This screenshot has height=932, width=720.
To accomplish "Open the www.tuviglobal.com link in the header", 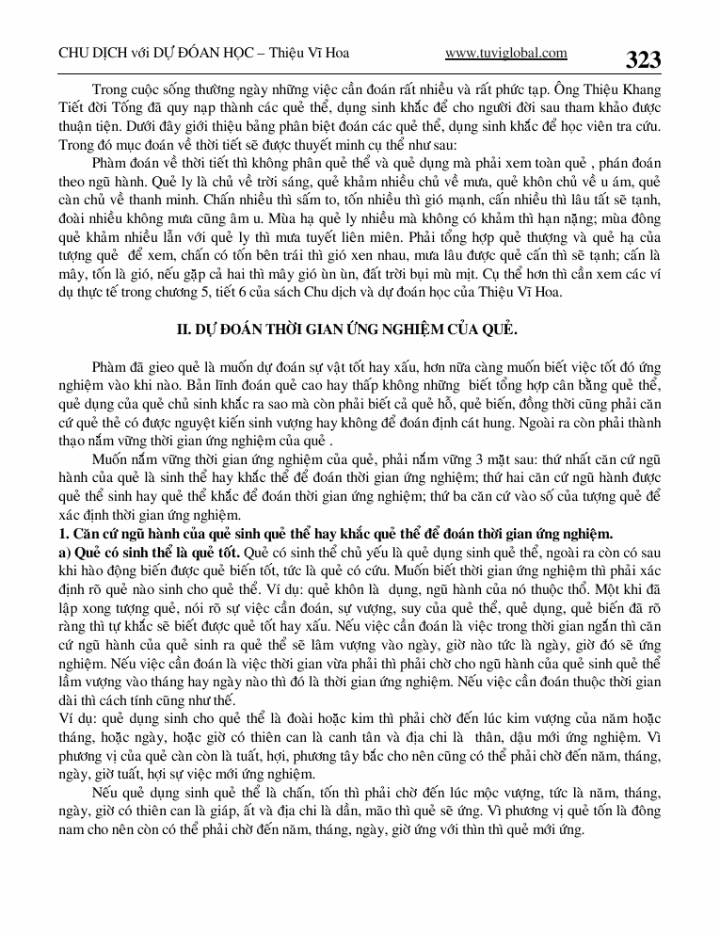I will (x=505, y=54).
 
